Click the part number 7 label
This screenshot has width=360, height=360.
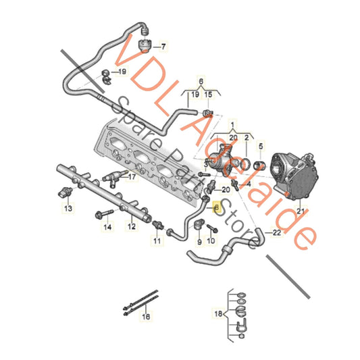(162, 47)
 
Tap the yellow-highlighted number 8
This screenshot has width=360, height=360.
(216, 208)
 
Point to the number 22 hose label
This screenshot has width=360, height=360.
(277, 232)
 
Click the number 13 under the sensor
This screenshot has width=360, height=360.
(68, 210)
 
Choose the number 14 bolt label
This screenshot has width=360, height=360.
(106, 228)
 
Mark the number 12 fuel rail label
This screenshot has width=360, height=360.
(132, 227)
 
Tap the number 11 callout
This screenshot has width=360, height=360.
(157, 240)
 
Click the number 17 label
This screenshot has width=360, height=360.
(132, 178)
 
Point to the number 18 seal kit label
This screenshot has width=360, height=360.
(218, 315)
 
